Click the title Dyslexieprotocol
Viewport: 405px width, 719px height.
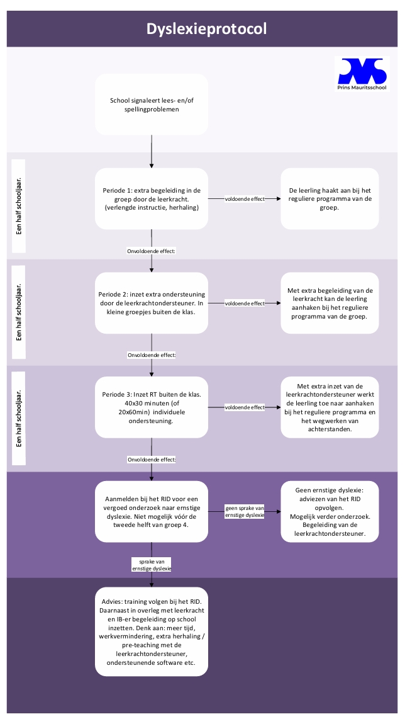click(207, 29)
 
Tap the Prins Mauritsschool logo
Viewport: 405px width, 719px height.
click(362, 74)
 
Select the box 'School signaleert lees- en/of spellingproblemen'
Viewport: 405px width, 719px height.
click(152, 105)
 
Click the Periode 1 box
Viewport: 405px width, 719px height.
click(152, 198)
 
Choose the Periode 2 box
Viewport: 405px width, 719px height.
click(152, 303)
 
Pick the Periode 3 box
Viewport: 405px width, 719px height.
click(152, 407)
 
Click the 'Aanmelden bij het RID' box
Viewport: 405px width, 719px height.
click(152, 511)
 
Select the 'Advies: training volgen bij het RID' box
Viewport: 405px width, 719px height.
click(152, 631)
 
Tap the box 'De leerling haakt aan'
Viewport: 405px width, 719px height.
click(330, 198)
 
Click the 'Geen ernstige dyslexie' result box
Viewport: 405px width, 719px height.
click(330, 511)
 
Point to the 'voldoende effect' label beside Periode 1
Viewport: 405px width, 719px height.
click(245, 199)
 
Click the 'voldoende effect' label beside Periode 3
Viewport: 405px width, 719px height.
click(245, 407)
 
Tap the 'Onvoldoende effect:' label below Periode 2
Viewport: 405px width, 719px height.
click(152, 355)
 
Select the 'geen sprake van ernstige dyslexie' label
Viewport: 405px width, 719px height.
click(245, 511)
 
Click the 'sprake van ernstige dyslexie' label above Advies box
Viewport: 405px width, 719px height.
click(152, 565)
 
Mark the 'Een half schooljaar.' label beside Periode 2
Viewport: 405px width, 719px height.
click(19, 312)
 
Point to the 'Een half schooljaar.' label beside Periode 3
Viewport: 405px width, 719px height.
click(19, 418)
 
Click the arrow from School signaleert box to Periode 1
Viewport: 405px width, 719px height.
click(152, 152)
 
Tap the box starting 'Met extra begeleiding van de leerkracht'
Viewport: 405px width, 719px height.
click(330, 303)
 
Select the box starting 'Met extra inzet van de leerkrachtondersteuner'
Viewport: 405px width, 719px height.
click(330, 407)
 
